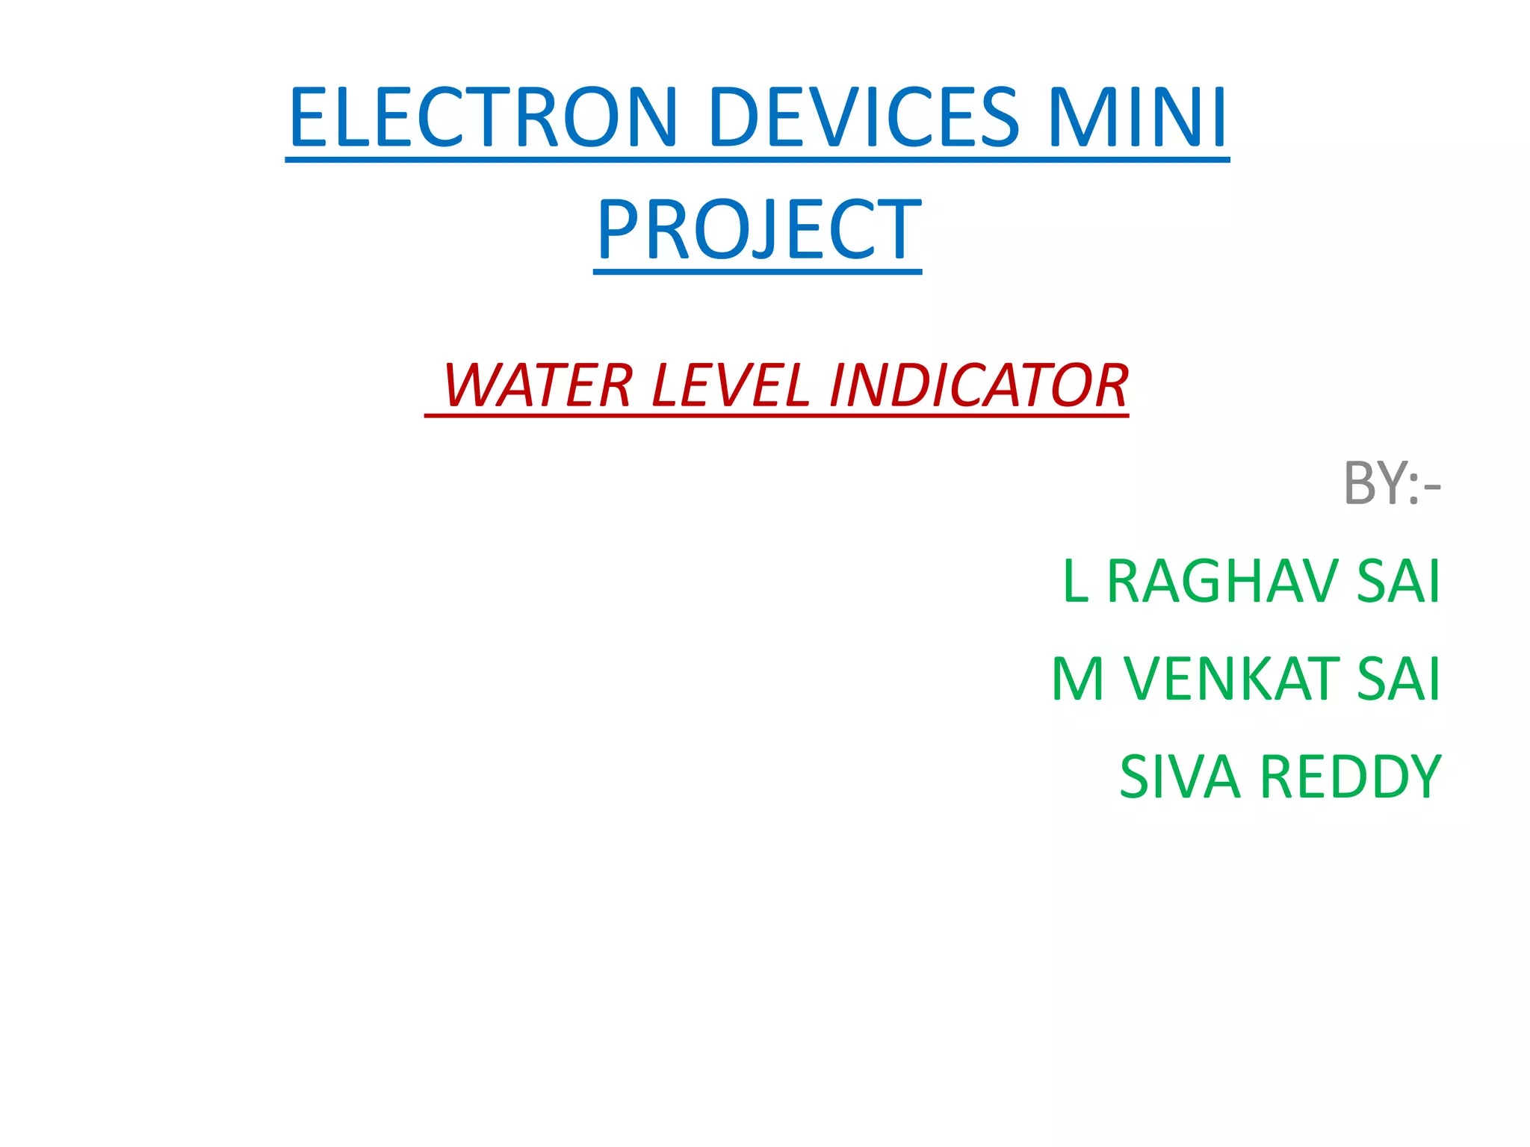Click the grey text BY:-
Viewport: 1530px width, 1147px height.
tap(1391, 483)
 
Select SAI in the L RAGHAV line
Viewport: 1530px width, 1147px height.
tap(1398, 581)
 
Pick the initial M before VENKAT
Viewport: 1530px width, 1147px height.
tap(1078, 679)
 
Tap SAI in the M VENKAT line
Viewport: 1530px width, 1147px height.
tap(1398, 679)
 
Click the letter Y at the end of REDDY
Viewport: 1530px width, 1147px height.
tap(1422, 777)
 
